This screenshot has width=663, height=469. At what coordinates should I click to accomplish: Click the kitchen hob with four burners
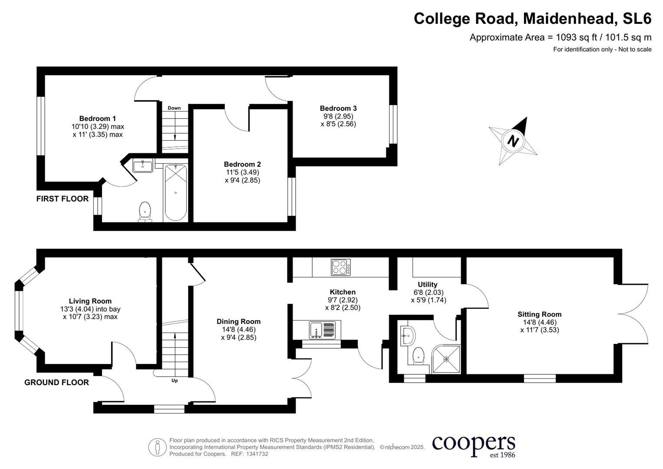point(341,267)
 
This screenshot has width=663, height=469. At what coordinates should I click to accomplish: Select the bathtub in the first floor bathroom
point(175,193)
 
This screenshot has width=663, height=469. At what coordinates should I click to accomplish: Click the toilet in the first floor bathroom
point(145,211)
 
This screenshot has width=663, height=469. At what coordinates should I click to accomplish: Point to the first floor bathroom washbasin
point(142,165)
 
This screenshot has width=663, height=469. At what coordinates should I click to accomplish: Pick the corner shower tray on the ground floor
point(446,359)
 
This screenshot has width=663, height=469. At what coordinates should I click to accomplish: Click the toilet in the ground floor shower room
point(418,355)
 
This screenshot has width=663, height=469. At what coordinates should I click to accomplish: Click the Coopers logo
point(474,446)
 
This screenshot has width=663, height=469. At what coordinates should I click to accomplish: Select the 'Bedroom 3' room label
point(338,108)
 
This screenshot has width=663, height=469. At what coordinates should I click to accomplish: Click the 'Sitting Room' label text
point(539,314)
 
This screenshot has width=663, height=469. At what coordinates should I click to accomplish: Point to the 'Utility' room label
point(428,284)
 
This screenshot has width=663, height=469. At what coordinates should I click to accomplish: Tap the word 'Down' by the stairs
point(174,108)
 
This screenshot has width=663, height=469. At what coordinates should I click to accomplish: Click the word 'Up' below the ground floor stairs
point(175,381)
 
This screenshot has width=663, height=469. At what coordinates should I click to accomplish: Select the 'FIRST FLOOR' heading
point(62,199)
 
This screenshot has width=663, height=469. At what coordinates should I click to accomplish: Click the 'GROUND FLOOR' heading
point(56,383)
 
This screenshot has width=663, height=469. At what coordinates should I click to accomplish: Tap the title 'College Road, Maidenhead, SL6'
point(532,19)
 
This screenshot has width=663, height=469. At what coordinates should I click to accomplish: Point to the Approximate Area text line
point(560,37)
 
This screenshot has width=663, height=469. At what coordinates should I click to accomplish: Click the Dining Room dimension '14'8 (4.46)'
point(238,330)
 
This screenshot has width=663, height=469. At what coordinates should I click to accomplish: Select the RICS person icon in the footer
point(157,447)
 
